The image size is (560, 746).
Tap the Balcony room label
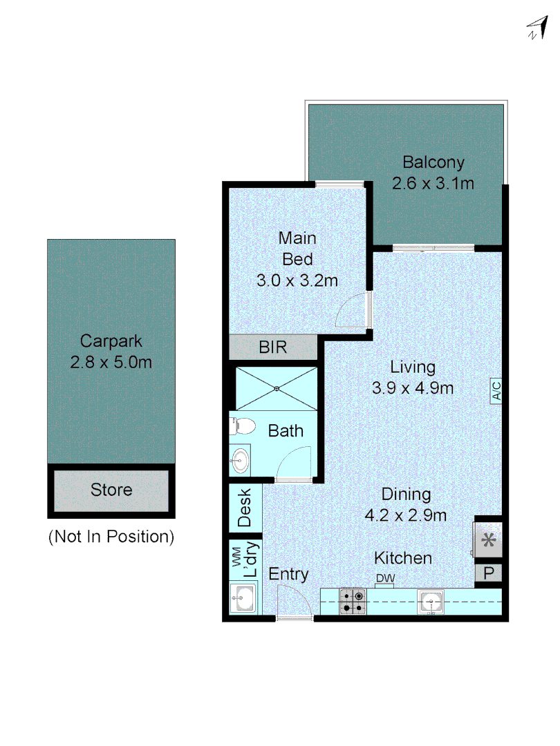433,163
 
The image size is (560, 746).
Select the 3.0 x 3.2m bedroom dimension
297,280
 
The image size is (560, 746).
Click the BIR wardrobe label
272,347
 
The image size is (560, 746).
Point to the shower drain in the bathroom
277,388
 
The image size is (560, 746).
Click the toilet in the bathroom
237,425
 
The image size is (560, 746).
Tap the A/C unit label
496,392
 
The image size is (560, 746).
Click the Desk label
245,509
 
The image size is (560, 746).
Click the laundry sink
243,599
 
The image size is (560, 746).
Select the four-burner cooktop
353,600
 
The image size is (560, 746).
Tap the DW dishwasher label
384,579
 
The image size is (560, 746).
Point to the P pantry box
489,573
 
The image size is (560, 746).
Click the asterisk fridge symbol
489,540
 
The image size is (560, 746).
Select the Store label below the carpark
111,490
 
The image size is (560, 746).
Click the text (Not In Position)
111,536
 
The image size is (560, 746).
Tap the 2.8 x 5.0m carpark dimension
111,361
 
